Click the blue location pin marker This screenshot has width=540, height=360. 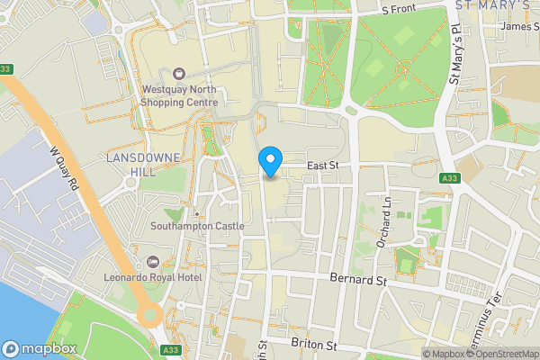269,163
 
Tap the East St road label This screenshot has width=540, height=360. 321,166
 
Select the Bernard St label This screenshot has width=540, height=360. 356,282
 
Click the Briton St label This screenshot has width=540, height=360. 313,344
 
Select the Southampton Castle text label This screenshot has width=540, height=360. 197,226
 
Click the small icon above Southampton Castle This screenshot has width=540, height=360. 197,213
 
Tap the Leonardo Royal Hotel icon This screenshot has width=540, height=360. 151,262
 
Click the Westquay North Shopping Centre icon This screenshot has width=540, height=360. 179,73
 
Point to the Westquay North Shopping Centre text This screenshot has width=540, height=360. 180,96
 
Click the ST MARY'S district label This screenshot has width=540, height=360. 491,5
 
